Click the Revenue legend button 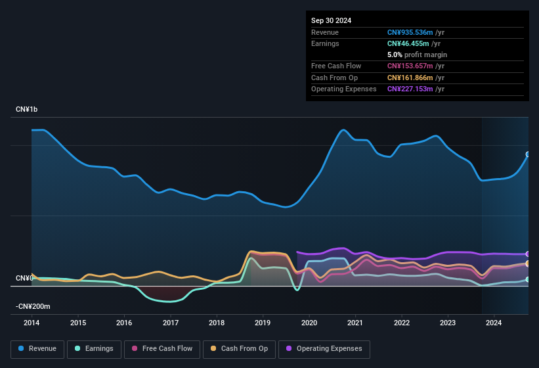click(38, 348)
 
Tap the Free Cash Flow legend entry click(162, 348)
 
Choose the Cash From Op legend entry click(240, 348)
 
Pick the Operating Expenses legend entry click(324, 348)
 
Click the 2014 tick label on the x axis click(32, 323)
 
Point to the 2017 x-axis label click(171, 323)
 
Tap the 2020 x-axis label click(309, 323)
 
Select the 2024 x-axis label click(494, 323)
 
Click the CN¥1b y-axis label click(27, 109)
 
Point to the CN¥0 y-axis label click(24, 278)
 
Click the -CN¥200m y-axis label click(33, 306)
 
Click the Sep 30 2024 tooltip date click(331, 20)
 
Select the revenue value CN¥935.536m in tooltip click(410, 32)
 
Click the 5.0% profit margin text click(417, 55)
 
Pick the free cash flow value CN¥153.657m click(410, 66)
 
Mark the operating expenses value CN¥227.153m click(410, 89)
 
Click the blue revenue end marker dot click(528, 154)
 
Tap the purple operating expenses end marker click(528, 254)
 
